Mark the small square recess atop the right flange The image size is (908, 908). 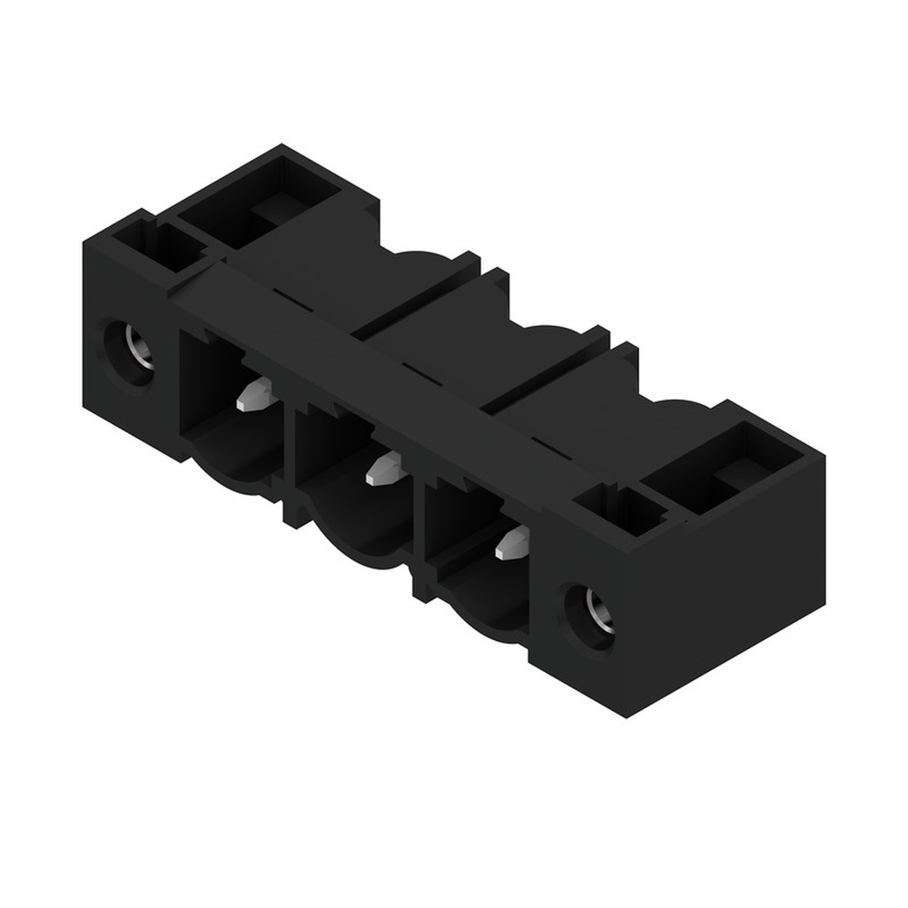pos(627,510)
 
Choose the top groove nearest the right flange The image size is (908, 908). pos(545,372)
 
